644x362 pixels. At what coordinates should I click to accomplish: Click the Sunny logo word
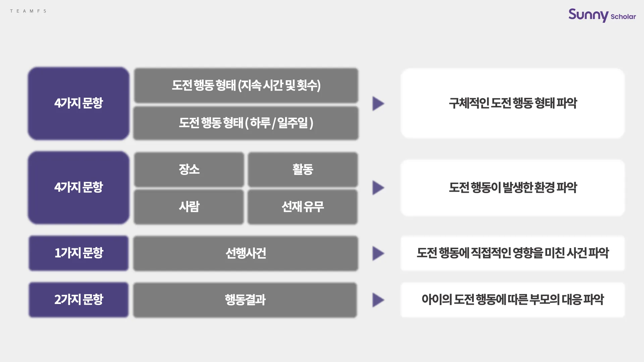pyautogui.click(x=588, y=15)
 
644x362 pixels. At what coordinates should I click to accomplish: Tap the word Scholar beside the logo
pyautogui.click(x=623, y=16)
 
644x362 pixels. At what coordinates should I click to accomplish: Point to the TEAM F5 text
pyautogui.click(x=28, y=11)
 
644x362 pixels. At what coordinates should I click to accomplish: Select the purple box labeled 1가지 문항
pyautogui.click(x=78, y=253)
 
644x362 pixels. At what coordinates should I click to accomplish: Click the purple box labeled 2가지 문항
pyautogui.click(x=78, y=300)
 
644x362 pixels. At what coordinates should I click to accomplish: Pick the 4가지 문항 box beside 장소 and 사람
pyautogui.click(x=78, y=187)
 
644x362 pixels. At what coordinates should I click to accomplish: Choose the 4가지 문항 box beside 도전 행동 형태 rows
pyautogui.click(x=78, y=103)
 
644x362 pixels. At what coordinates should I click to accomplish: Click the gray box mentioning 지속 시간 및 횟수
pyautogui.click(x=246, y=85)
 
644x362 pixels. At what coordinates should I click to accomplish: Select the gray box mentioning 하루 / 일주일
pyautogui.click(x=246, y=123)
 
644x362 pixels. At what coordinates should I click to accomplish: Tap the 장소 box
pyautogui.click(x=189, y=169)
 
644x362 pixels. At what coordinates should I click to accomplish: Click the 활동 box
pyautogui.click(x=303, y=169)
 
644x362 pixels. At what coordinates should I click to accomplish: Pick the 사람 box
pyautogui.click(x=189, y=207)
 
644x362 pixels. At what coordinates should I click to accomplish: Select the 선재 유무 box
pyautogui.click(x=303, y=207)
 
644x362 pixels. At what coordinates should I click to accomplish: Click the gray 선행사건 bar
pyautogui.click(x=246, y=253)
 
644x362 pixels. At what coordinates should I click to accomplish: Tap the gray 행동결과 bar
pyautogui.click(x=245, y=300)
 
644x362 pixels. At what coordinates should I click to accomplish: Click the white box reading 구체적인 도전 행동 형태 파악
pyautogui.click(x=513, y=103)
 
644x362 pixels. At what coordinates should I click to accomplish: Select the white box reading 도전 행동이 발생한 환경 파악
pyautogui.click(x=513, y=188)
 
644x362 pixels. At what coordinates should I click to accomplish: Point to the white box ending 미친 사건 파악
pyautogui.click(x=513, y=253)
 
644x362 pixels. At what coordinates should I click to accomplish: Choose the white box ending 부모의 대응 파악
pyautogui.click(x=513, y=300)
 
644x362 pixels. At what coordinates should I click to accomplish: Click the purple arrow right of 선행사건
pyautogui.click(x=378, y=254)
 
